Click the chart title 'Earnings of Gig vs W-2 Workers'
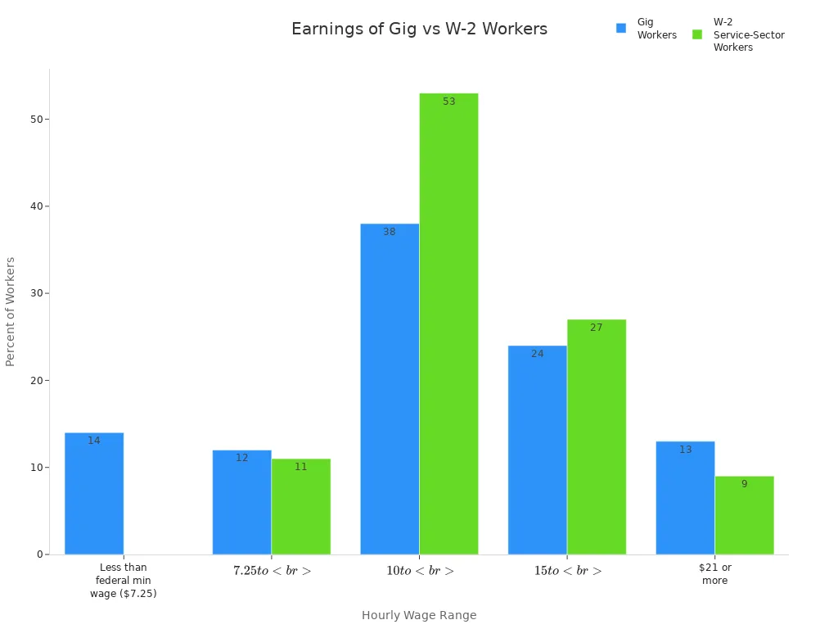click(419, 29)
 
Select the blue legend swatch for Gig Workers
click(621, 28)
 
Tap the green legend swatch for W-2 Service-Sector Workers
click(697, 34)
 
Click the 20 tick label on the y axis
click(37, 380)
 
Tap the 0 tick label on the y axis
click(39, 554)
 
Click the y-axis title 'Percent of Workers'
click(11, 311)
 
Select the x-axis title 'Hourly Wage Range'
click(419, 615)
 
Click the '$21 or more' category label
click(714, 574)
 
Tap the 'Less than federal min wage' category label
click(124, 580)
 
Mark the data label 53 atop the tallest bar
click(448, 102)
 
